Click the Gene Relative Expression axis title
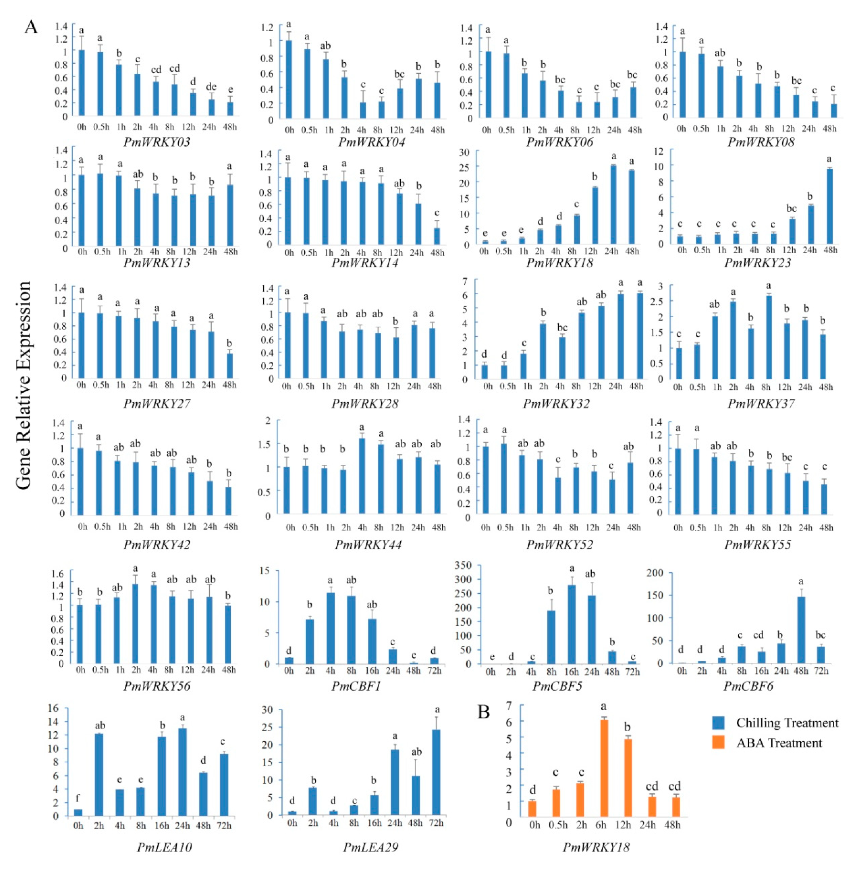pos(23,386)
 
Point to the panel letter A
pos(31,27)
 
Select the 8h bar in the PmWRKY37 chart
pos(769,337)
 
